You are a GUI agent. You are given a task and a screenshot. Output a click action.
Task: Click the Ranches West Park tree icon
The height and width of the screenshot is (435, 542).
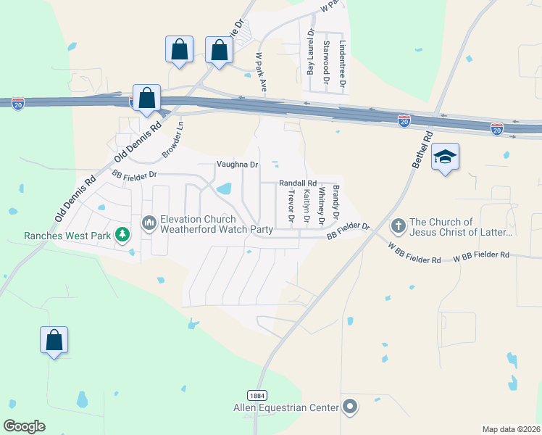point(123,234)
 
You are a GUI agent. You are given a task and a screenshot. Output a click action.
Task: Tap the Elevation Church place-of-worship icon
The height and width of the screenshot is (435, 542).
point(149,222)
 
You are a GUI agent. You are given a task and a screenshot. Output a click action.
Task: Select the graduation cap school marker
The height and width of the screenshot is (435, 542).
point(443,157)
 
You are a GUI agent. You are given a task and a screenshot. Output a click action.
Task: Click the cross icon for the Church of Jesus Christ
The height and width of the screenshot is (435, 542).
point(398,226)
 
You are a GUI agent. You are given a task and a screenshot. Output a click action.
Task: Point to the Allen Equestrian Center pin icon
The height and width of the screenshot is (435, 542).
point(351,407)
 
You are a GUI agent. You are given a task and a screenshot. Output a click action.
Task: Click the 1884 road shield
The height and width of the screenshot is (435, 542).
point(257,395)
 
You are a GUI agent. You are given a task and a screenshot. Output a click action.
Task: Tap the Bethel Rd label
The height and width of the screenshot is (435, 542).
point(421,150)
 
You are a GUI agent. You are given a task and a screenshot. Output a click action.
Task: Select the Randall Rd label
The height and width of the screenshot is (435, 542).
point(298,183)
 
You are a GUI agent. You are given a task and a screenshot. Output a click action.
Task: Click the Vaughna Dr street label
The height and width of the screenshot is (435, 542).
point(237,165)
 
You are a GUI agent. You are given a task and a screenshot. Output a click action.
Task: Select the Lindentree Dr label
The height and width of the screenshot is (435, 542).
point(343,64)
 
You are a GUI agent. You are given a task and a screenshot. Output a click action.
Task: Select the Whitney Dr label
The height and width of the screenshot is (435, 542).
point(320,205)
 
